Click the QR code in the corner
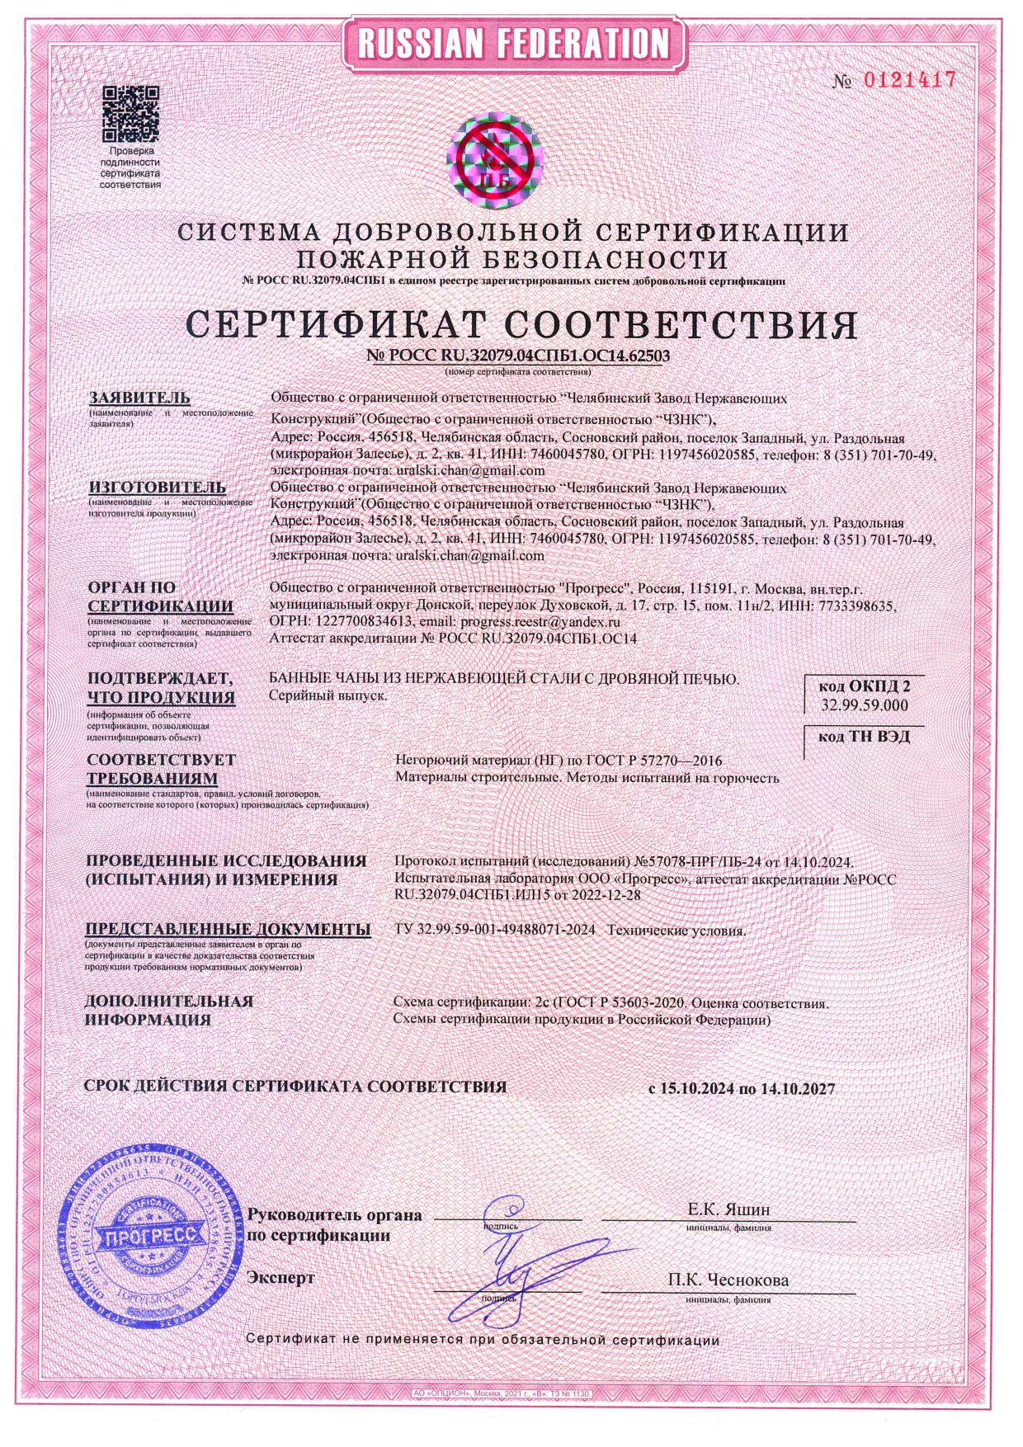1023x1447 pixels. [130, 113]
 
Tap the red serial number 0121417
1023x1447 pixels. [909, 80]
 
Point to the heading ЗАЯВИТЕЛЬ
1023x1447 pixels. [139, 398]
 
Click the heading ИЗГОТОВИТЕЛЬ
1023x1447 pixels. [145, 487]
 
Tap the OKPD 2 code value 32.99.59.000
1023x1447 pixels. [864, 705]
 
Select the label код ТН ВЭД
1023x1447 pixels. [864, 736]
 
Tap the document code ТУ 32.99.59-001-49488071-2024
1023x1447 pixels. [495, 930]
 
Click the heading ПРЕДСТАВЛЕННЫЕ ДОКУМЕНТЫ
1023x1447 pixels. [228, 929]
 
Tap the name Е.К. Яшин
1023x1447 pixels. [728, 1209]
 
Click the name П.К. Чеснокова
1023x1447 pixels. [728, 1280]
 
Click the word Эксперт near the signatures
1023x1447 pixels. [280, 1277]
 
